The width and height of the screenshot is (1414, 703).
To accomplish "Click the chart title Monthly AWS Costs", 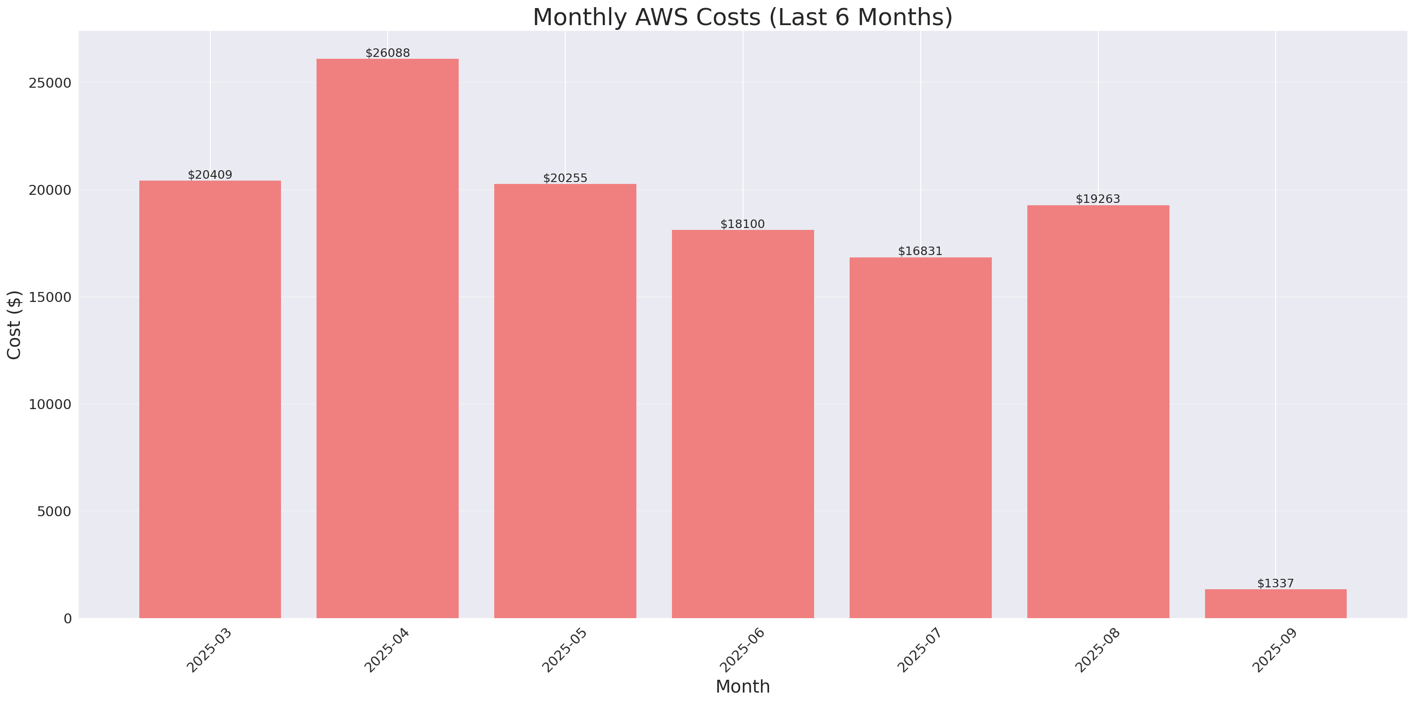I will [742, 17].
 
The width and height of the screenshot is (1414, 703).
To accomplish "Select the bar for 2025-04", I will [388, 338].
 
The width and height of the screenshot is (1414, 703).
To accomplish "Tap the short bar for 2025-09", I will [1275, 603].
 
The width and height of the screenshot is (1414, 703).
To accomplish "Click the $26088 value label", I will [388, 53].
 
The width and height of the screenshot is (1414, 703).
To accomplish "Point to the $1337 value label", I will [1275, 583].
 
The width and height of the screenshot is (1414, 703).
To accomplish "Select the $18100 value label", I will [742, 224].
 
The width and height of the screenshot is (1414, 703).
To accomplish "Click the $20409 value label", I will [210, 174].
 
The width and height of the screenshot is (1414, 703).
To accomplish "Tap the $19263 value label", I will [1097, 199].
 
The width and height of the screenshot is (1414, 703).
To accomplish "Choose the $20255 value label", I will [565, 178].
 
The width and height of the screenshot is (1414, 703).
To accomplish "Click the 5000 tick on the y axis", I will [54, 511].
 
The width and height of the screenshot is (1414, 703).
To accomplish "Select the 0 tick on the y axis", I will [67, 619].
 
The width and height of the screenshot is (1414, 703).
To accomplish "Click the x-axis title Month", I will [742, 686].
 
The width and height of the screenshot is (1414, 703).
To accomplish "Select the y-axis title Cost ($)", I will [14, 325].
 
